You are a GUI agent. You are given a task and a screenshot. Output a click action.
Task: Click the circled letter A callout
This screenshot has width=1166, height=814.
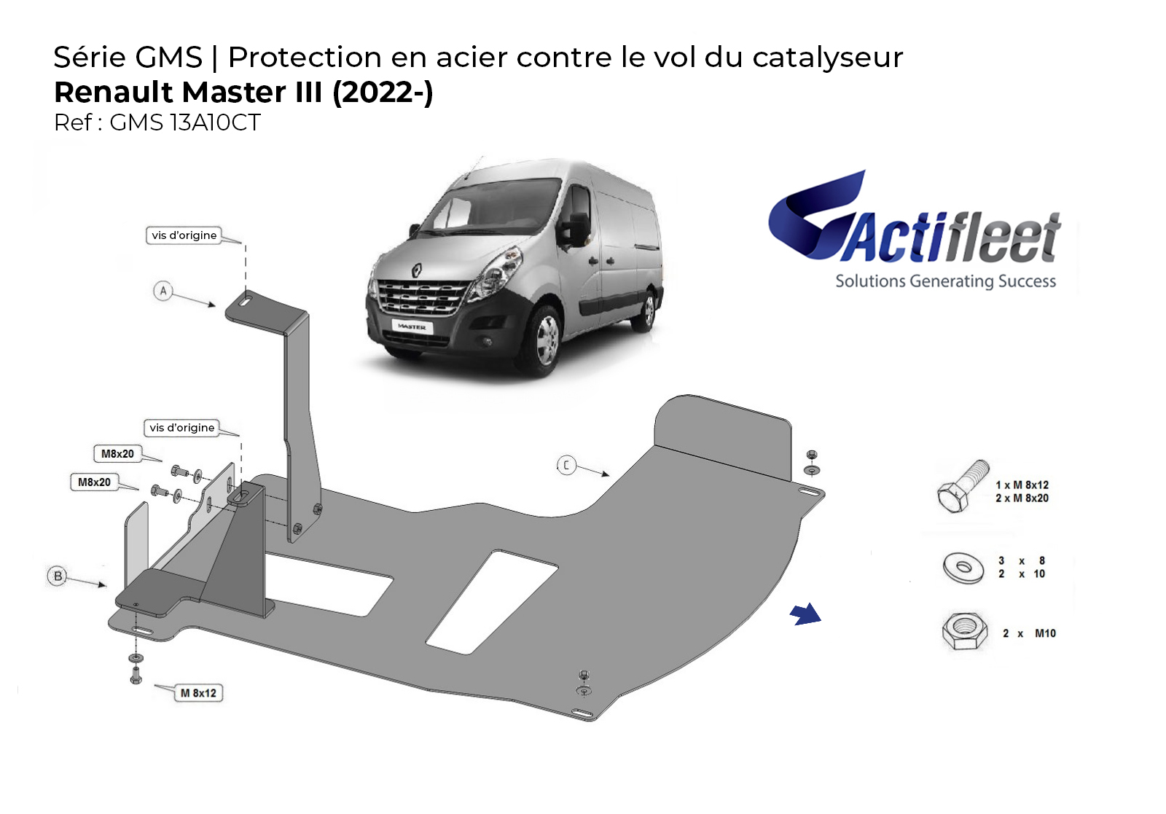click(x=163, y=291)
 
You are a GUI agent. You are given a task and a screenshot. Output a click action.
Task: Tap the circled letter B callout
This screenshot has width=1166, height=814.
click(x=58, y=576)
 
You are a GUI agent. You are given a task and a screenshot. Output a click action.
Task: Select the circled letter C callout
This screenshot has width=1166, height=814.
click(x=566, y=465)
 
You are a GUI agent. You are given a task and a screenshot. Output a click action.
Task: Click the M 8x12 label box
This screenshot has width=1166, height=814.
click(x=198, y=693)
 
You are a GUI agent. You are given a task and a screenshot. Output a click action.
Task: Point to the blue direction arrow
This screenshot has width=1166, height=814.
click(x=805, y=614)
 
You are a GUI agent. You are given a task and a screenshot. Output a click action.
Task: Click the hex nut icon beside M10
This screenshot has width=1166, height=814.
click(x=965, y=631)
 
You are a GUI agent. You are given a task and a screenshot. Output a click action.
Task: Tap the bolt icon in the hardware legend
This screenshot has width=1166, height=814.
click(x=963, y=486)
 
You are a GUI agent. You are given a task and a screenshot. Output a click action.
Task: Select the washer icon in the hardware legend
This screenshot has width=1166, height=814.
click(x=963, y=568)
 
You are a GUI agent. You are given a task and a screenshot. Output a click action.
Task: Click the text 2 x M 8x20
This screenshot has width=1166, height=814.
click(x=1022, y=498)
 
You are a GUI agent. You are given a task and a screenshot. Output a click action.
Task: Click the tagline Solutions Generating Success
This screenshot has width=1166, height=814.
click(x=945, y=281)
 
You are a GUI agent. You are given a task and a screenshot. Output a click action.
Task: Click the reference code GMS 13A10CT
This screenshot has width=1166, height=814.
click(x=185, y=123)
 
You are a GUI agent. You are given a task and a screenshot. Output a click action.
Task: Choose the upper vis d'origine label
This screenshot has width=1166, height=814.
click(x=184, y=235)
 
